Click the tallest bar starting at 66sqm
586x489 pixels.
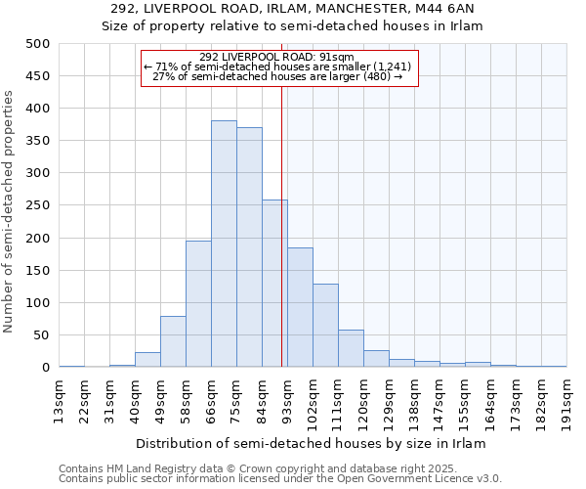(x=224, y=244)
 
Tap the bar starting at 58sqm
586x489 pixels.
(x=198, y=304)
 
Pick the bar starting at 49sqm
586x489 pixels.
(x=173, y=341)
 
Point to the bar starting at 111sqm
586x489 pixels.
(x=351, y=348)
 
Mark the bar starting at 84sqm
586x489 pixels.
(x=274, y=284)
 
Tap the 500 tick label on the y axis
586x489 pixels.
(x=38, y=44)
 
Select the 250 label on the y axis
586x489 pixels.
(x=38, y=206)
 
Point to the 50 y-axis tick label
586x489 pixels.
(x=42, y=335)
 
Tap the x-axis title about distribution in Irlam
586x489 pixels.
(x=311, y=443)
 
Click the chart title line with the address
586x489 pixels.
(x=293, y=9)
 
